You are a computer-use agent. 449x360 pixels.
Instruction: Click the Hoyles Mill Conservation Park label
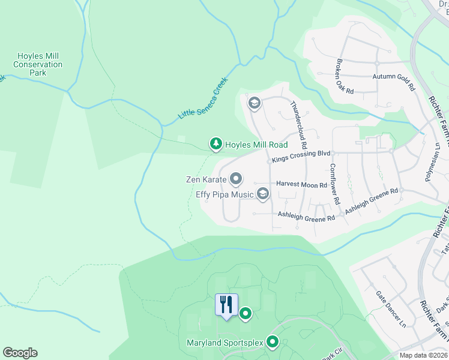pos(38,64)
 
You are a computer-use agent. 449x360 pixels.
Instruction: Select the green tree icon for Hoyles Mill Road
pos(215,144)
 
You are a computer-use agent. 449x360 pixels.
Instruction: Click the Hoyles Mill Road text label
pos(256,145)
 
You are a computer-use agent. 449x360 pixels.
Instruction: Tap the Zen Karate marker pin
pos(236,179)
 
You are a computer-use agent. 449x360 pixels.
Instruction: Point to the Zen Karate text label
pos(206,179)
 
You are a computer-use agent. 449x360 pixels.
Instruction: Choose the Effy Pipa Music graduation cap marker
pos(262,193)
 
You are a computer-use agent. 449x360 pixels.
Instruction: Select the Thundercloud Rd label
pos(298,125)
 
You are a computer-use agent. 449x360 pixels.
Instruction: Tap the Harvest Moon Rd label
pos(301,185)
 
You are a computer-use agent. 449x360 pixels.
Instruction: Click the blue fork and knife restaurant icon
pos(226,305)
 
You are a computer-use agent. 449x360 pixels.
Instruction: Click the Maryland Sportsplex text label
pos(225,343)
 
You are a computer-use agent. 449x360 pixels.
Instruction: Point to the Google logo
pos(20,353)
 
